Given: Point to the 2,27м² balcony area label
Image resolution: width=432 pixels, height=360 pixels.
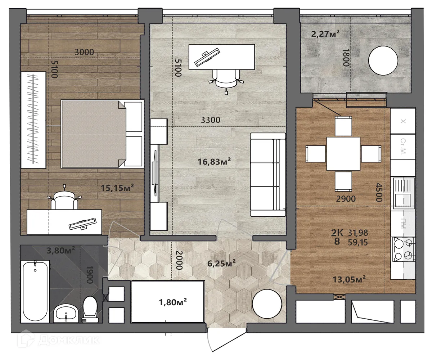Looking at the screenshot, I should (325, 34).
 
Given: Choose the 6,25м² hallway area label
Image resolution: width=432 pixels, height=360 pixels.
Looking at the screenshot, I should (221, 263).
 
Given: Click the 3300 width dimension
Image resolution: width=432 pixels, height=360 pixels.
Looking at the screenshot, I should (211, 120).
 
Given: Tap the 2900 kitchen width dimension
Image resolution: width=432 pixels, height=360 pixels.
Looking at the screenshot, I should (346, 199).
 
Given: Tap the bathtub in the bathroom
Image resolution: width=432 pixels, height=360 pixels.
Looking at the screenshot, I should (35, 292).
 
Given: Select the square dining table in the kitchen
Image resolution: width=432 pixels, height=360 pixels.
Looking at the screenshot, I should (343, 154).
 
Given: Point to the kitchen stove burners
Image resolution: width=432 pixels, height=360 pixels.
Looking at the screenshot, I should (403, 249).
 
